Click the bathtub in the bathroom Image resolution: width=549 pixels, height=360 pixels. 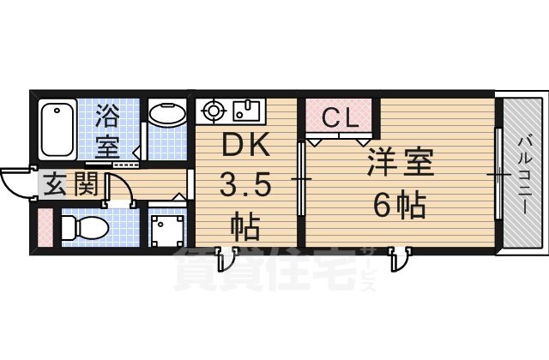(x=57, y=129)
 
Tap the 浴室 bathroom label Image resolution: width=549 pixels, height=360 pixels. (x=108, y=129)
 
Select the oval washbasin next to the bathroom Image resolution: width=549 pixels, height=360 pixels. (x=166, y=114)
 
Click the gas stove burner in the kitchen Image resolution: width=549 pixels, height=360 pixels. (x=212, y=111)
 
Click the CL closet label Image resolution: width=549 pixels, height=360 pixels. (x=340, y=118)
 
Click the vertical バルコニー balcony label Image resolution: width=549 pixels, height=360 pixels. (x=524, y=171)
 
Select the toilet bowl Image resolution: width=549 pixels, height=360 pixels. (x=83, y=227)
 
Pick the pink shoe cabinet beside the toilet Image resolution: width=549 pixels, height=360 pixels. (x=44, y=227)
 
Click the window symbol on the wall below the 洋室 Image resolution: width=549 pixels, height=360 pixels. (x=397, y=256)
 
